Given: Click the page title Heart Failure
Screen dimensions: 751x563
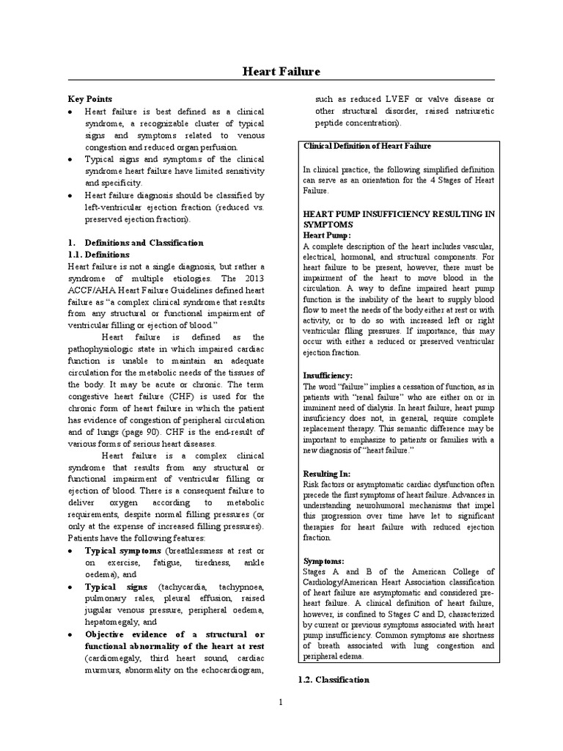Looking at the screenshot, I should [281, 71].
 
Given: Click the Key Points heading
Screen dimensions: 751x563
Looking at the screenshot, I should [90, 98].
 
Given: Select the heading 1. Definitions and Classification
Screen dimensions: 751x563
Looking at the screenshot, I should [135, 242].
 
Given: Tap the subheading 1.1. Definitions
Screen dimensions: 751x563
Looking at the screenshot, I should [99, 254].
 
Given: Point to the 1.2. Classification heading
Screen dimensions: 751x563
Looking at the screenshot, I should [334, 680].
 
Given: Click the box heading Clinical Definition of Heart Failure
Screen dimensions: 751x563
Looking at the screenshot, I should [367, 146].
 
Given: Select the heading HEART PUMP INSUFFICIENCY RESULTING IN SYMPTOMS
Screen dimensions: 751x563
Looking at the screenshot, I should [398, 218].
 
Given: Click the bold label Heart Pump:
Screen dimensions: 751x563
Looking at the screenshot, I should [327, 235].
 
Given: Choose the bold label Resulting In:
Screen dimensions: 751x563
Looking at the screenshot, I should [327, 475].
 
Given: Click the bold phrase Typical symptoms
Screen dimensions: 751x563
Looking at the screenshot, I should [123, 550].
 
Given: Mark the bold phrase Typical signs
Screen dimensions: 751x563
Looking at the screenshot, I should [117, 587].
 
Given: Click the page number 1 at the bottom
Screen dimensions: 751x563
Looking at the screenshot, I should [281, 702].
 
